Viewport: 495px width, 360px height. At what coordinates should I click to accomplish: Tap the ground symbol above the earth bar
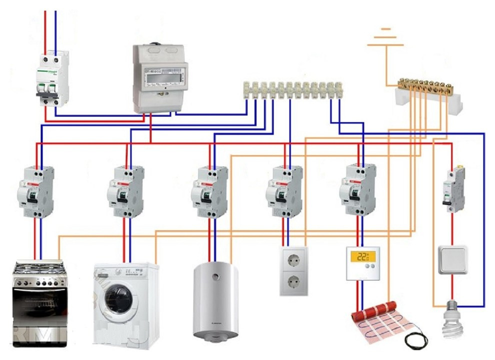385,37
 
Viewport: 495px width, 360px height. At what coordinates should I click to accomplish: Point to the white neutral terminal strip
293,90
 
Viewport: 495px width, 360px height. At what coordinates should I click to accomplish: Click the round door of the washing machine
119,299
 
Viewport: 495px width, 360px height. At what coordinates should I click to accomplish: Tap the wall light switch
452,259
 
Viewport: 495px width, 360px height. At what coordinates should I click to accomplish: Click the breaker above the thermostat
357,190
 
